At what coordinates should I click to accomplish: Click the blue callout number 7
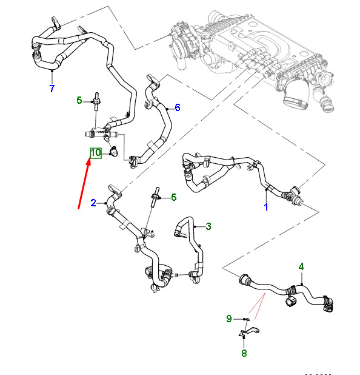tap(52, 88)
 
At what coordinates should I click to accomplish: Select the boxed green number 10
tap(96, 153)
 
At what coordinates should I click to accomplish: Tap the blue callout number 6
tap(177, 107)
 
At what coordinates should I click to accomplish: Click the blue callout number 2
tap(93, 203)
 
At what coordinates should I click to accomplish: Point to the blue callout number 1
tap(266, 207)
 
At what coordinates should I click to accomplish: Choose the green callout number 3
tap(208, 226)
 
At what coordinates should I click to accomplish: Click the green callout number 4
tap(301, 266)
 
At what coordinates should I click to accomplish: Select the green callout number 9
tap(229, 319)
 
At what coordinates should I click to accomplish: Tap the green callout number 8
tap(244, 353)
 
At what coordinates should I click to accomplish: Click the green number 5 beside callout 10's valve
tap(79, 100)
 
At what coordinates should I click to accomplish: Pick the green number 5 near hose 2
tap(174, 197)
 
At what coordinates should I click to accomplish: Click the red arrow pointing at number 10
tap(84, 183)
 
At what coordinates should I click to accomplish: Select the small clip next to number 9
tap(247, 319)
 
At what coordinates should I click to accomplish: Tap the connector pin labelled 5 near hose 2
tap(155, 197)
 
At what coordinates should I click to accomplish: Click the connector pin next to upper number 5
tap(96, 101)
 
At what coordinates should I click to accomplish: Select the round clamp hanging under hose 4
tap(291, 302)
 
